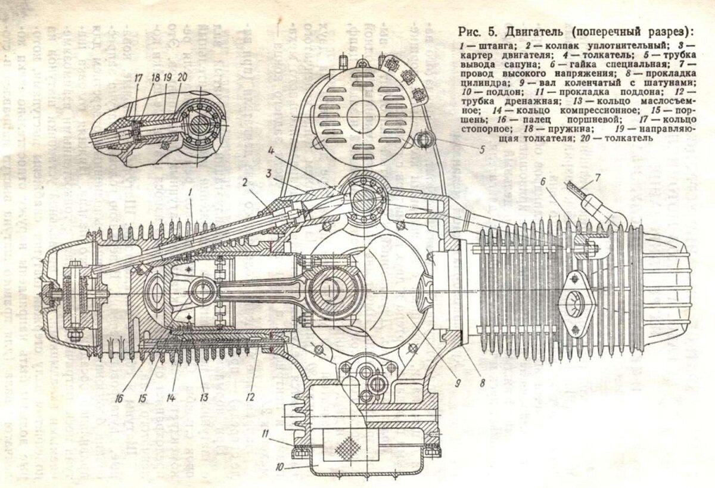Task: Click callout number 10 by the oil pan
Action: [x=279, y=467]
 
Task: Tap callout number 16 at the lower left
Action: [x=120, y=396]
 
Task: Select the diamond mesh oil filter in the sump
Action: [x=347, y=447]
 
